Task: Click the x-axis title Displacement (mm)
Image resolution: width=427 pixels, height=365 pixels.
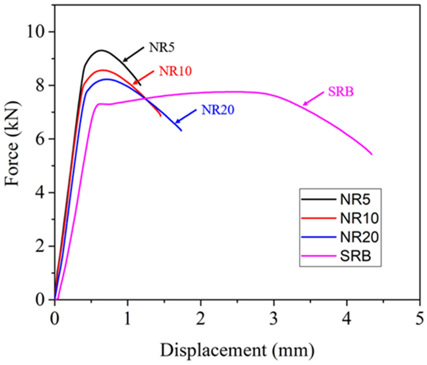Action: click(237, 350)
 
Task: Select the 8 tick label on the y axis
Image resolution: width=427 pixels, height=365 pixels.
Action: click(41, 85)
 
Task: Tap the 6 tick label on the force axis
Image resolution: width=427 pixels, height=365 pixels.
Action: click(41, 139)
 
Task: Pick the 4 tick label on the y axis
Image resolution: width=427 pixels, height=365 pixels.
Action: click(41, 193)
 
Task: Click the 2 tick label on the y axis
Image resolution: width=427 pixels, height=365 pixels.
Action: click(41, 247)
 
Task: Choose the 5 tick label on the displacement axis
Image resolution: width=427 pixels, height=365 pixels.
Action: click(420, 317)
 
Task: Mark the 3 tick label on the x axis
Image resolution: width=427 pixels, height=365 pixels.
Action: click(274, 317)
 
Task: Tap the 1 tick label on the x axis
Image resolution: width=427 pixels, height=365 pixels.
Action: click(127, 317)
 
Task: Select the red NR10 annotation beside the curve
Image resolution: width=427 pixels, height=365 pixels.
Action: click(175, 71)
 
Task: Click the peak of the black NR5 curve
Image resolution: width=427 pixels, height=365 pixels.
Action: click(101, 50)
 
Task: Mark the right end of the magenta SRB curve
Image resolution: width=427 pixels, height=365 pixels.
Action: click(371, 154)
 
